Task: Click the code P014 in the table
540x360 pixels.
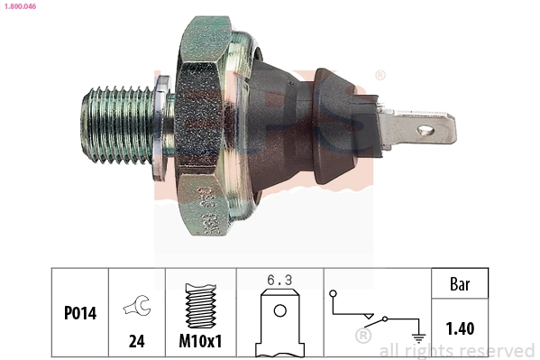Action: point(79,315)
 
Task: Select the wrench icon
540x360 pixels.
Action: point(136,306)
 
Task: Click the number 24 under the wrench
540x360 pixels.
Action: point(136,341)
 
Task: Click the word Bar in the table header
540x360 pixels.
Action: point(460,284)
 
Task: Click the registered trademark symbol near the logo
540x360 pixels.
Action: point(380,75)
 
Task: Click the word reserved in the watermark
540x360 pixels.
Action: point(498,350)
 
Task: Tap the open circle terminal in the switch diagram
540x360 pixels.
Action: point(333,294)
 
